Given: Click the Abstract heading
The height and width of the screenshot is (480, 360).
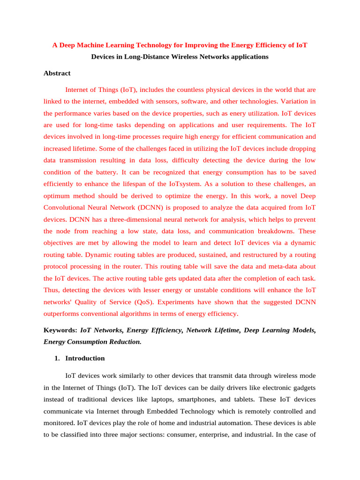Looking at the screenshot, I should coord(57,73).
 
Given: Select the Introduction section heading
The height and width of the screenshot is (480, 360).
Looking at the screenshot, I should coord(85,358).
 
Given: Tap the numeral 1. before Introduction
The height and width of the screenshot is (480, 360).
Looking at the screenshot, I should coord(57,358).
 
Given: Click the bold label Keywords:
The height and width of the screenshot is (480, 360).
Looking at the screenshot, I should coord(60,330).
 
